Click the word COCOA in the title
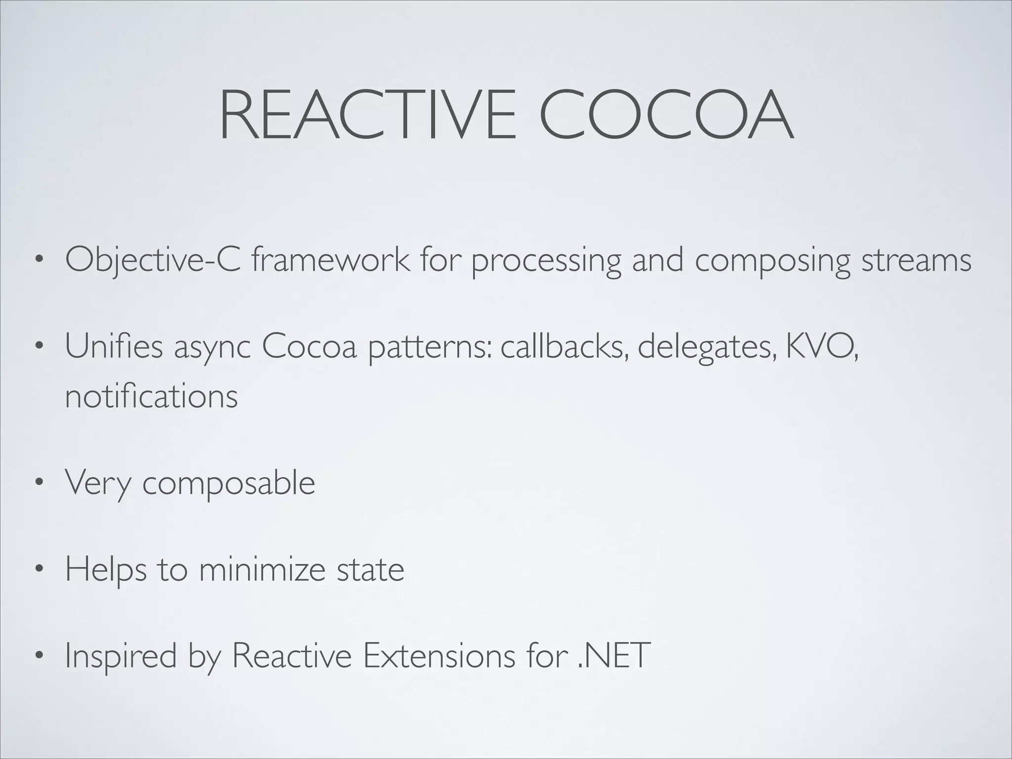[667, 116]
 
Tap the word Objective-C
[153, 260]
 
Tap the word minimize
[262, 569]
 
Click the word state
[370, 569]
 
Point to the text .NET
[613, 655]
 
